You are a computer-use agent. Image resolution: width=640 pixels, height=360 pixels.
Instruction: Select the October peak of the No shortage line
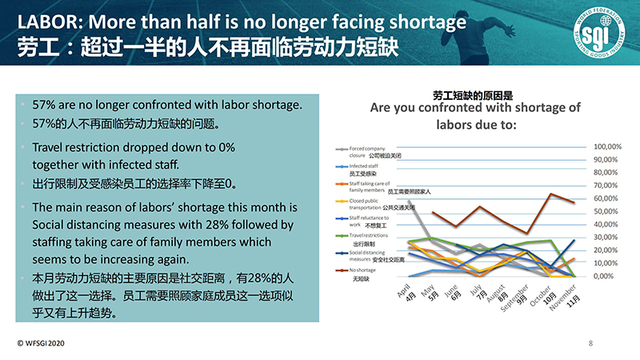point(551,194)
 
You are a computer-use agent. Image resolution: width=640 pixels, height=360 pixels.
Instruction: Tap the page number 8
point(590,343)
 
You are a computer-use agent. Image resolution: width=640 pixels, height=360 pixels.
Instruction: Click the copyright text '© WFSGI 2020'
point(42,342)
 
